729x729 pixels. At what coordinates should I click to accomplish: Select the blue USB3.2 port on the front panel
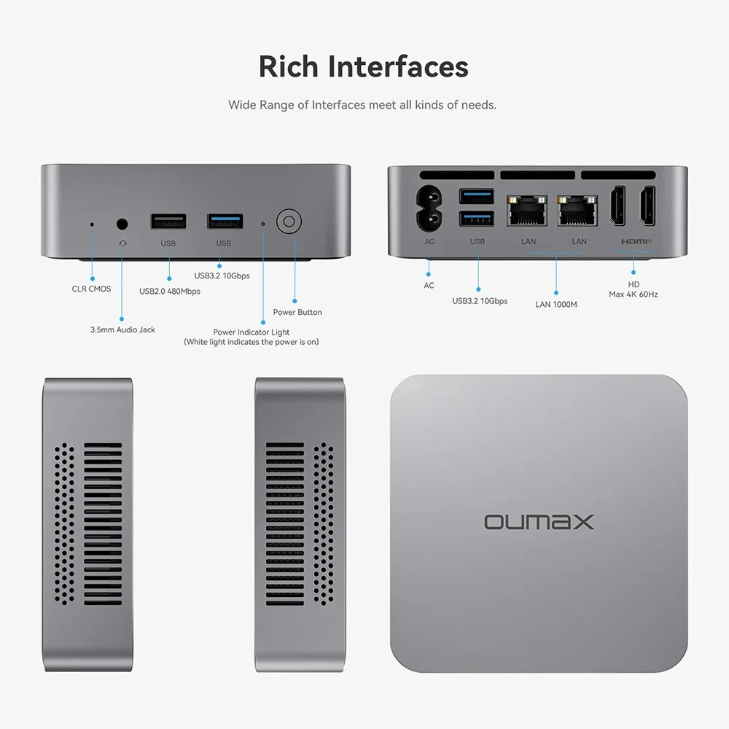coord(224,221)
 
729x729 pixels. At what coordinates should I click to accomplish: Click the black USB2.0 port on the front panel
coord(168,222)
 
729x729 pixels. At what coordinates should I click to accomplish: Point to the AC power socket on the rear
coord(429,208)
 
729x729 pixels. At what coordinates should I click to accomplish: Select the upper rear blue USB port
coord(477,195)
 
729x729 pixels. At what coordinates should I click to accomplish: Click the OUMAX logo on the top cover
coord(539,521)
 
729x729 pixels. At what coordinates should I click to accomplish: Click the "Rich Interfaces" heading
coord(363,66)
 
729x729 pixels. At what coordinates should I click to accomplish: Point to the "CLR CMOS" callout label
coord(91,289)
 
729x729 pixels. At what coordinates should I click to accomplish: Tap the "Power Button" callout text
coord(297,312)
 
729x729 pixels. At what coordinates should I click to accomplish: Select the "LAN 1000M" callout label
coord(555,304)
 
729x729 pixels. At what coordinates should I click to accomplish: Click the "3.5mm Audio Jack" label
coord(122,330)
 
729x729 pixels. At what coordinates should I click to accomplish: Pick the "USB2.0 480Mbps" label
coord(170,292)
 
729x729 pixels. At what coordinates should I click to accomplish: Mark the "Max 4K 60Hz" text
coord(633,295)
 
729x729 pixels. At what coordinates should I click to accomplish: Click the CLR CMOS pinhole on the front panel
coord(92,224)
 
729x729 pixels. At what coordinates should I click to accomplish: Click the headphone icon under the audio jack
coord(122,243)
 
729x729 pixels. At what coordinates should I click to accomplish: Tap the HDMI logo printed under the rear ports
coord(636,241)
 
